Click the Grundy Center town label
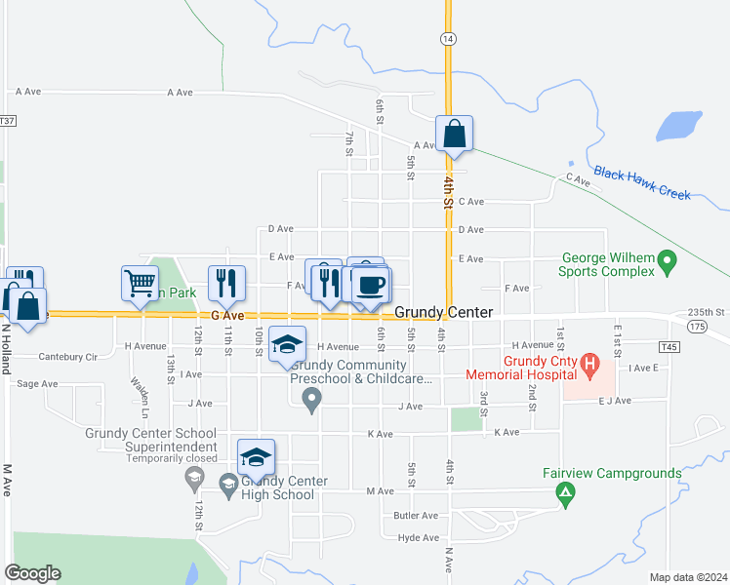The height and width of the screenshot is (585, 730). click(443, 312)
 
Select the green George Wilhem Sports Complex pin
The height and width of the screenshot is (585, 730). click(668, 260)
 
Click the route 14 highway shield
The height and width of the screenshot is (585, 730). click(448, 38)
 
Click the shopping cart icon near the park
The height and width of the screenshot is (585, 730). click(141, 283)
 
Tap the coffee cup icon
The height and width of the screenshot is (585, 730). click(371, 285)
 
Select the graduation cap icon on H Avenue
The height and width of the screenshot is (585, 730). click(287, 344)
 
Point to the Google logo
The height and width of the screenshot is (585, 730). click(32, 573)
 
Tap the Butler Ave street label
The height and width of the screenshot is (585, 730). click(416, 515)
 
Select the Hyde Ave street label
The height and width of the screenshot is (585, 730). click(417, 537)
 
